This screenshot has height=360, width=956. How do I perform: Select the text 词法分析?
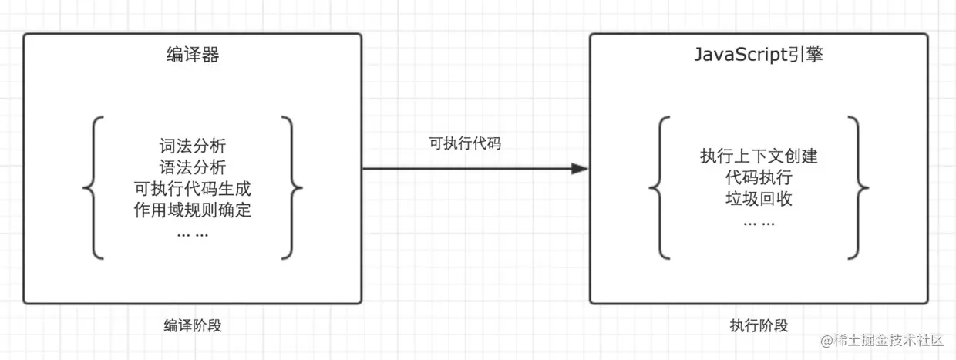192,146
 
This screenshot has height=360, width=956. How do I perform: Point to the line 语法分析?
192,167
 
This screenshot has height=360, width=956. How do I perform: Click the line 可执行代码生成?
192,189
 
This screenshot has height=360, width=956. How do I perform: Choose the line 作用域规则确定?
192,210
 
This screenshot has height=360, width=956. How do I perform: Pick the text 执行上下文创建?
759,156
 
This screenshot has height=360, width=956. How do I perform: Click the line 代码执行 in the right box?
759,178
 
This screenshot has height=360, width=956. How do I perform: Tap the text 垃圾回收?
759,200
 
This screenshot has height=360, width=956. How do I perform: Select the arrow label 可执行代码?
466,143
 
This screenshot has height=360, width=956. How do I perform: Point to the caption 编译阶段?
193,325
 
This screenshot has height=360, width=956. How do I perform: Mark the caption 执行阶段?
759,325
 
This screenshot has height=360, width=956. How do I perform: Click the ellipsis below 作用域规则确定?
192,233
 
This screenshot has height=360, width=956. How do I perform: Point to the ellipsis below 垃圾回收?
759,222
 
